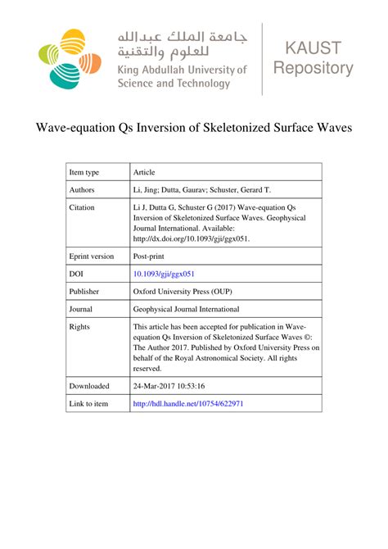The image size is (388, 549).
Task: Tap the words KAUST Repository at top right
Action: click(314, 59)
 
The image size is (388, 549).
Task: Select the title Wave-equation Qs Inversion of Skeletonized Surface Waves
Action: click(193, 129)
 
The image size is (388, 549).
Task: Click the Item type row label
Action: click(84, 172)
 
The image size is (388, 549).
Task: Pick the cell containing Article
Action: click(144, 172)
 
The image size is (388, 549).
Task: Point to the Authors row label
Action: click(83, 189)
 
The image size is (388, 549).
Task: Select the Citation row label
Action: click(83, 208)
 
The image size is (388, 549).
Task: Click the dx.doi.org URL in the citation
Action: click(191, 238)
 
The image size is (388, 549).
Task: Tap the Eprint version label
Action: click(92, 256)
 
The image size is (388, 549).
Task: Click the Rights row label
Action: click(81, 326)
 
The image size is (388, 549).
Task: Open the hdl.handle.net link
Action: click(187, 404)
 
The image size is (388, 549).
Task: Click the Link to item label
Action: click(88, 404)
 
